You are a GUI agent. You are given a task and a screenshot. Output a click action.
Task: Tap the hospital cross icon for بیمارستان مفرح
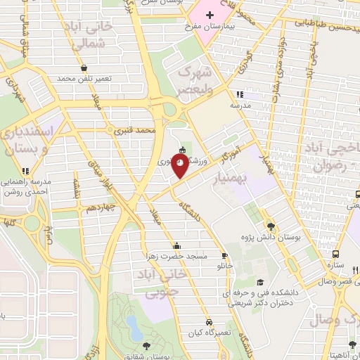[209, 15]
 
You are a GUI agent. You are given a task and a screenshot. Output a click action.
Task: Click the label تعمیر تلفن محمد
[84, 78]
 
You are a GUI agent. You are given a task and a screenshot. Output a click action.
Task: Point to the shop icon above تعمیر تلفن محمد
[84, 67]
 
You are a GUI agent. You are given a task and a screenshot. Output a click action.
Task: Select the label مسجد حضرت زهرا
[176, 256]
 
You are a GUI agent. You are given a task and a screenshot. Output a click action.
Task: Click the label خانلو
[225, 266]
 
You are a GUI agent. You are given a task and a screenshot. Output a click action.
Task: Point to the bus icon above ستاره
[336, 255]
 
